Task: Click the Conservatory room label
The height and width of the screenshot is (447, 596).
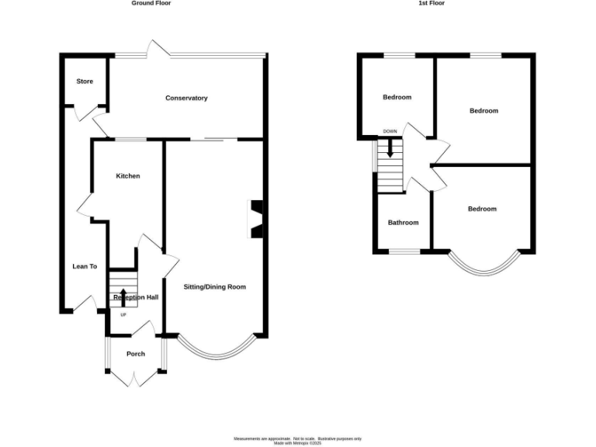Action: click(x=186, y=98)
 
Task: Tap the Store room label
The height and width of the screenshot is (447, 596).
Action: click(x=85, y=81)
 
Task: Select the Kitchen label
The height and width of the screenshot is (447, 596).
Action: click(x=128, y=176)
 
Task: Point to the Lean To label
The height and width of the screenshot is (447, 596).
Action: click(x=85, y=266)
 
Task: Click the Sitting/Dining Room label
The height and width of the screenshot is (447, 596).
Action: click(x=214, y=286)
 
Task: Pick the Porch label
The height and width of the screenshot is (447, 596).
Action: click(x=136, y=354)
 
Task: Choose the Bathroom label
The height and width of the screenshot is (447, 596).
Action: click(x=403, y=223)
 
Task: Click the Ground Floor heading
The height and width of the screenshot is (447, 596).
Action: click(x=151, y=3)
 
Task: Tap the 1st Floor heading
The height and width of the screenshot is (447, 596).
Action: click(x=431, y=3)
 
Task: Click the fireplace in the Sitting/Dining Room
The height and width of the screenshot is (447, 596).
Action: click(x=255, y=218)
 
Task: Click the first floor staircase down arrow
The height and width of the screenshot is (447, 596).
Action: click(x=390, y=147)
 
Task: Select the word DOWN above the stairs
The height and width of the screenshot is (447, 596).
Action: click(x=390, y=131)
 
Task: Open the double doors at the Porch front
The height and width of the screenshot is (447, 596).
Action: click(x=135, y=378)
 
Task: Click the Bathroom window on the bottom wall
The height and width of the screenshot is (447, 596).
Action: click(x=404, y=251)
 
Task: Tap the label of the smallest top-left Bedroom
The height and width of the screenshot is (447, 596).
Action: click(x=397, y=98)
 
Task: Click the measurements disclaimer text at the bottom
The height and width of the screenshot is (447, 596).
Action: click(x=299, y=440)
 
